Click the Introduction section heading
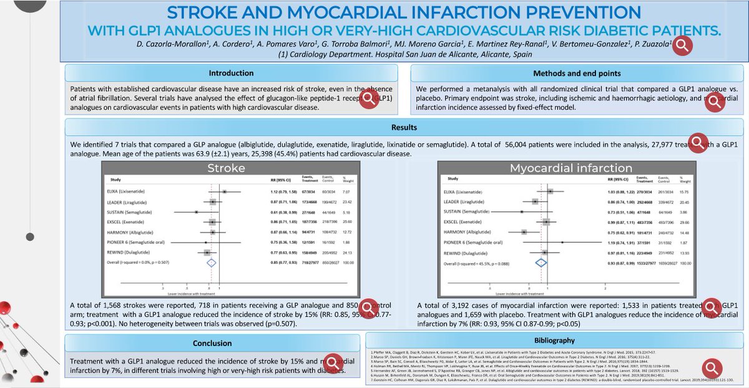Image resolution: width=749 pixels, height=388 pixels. (231, 73)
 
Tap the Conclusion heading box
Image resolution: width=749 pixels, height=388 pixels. (212, 342)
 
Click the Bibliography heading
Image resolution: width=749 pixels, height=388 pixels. (556, 341)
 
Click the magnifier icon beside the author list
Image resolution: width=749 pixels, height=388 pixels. (682, 44)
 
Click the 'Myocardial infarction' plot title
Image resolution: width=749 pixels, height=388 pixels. (562, 169)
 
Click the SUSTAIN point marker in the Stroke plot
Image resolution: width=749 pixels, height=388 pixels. (197, 211)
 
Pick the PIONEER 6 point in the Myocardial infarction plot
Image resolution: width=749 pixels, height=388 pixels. (562, 242)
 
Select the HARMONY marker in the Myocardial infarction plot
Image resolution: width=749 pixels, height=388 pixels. (524, 231)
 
